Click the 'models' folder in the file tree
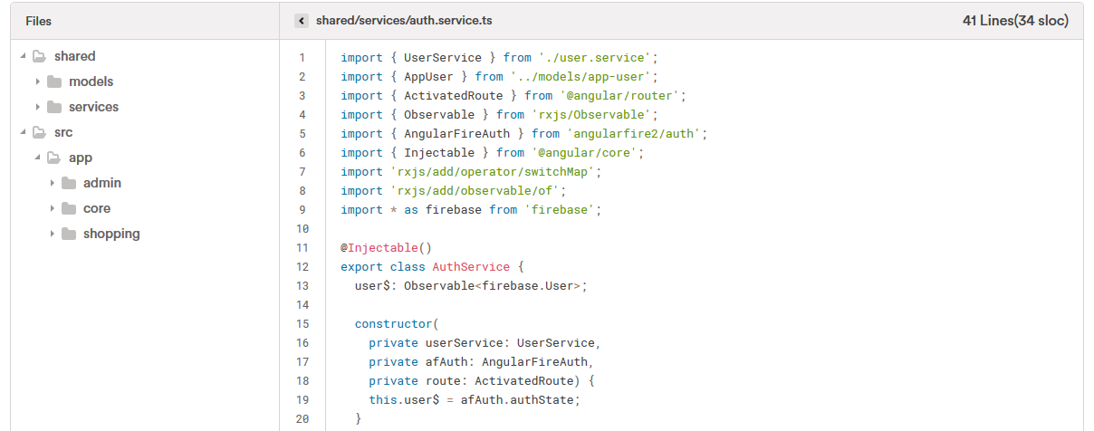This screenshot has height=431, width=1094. tap(91, 81)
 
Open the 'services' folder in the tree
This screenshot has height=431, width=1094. tap(93, 107)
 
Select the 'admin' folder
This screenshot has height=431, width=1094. tap(101, 183)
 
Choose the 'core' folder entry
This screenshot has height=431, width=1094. tap(96, 208)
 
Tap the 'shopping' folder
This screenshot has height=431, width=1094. tap(110, 234)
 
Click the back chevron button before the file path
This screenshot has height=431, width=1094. tap(302, 20)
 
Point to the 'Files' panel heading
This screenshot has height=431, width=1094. tap(39, 20)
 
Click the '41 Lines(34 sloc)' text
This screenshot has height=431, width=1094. tap(1015, 20)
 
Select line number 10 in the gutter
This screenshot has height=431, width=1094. tap(302, 228)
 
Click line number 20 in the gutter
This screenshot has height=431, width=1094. tap(302, 418)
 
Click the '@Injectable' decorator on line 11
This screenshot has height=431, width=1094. tap(379, 247)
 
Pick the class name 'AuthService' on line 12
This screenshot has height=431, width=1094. tap(471, 266)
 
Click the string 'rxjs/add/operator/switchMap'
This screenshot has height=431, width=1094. tap(495, 171)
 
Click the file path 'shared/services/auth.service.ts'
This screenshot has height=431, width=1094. tap(404, 20)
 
